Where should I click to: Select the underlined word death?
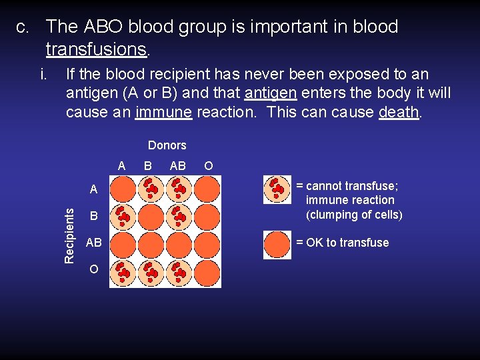399,112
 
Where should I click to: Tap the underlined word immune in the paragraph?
163,112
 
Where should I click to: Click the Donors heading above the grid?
167,145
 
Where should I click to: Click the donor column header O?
209,165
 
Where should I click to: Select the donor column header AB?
178,165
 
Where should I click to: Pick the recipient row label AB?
94,243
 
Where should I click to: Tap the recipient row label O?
94,269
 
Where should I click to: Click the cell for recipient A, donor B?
151,189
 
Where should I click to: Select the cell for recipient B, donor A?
123,217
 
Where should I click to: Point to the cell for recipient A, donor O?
207,189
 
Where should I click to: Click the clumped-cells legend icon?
277,189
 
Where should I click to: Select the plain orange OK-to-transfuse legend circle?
277,244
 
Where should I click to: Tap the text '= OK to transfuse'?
342,243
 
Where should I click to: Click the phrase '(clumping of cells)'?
354,215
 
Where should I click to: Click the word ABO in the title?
103,27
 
